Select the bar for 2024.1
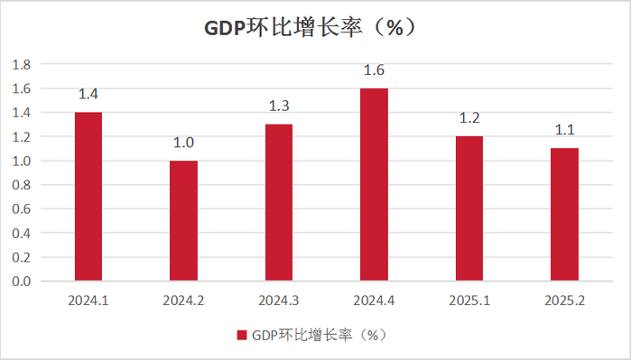tap(88, 197)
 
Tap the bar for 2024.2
tap(183, 221)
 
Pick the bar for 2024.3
tap(279, 203)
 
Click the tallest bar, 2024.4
tap(374, 185)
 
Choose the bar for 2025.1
tap(469, 208)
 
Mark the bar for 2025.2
tap(564, 215)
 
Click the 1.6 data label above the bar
tap(374, 70)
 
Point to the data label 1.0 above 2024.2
tap(183, 143)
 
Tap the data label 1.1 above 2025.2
tap(564, 131)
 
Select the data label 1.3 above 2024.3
tap(279, 106)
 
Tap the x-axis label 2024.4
tap(374, 299)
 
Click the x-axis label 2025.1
tap(469, 299)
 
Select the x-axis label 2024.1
tap(88, 299)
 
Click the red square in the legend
tap(241, 335)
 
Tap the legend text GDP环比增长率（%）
tap(319, 335)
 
